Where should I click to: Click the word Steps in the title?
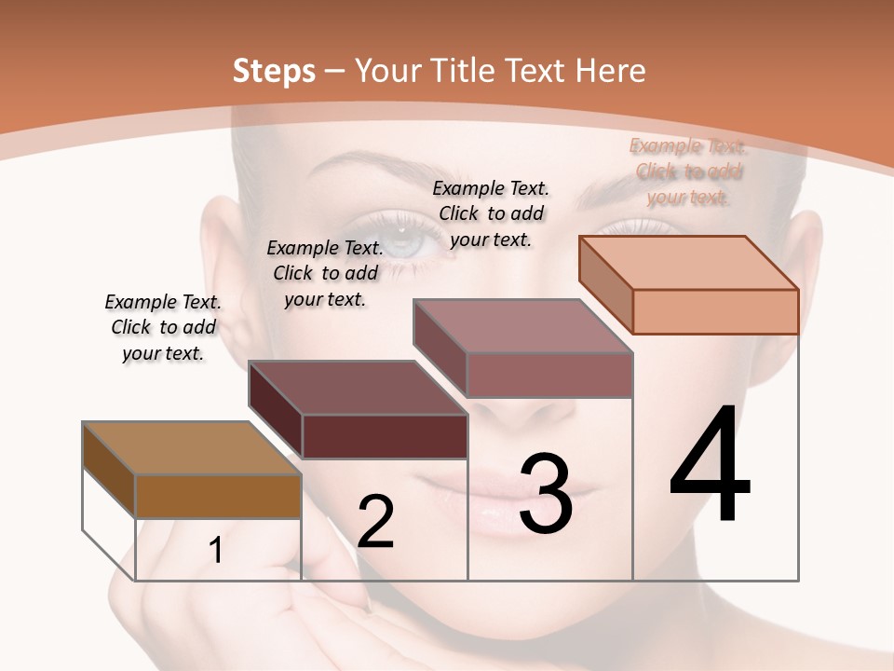pyautogui.click(x=274, y=71)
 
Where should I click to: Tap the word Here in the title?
pyautogui.click(x=611, y=71)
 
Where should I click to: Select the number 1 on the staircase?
pyautogui.click(x=216, y=551)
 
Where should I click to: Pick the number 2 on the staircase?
pyautogui.click(x=375, y=522)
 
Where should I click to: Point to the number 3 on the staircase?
pyautogui.click(x=545, y=494)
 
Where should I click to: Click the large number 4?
pyautogui.click(x=710, y=466)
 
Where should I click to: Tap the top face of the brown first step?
pyautogui.click(x=192, y=448)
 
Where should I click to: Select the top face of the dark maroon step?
pyautogui.click(x=359, y=388)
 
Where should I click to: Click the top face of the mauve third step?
pyautogui.click(x=523, y=326)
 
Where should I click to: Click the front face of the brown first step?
pyautogui.click(x=218, y=497)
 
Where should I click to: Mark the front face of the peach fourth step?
pyautogui.click(x=715, y=311)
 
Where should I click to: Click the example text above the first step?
pyautogui.click(x=163, y=327)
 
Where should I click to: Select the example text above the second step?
pyautogui.click(x=325, y=273)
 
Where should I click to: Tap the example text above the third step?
pyautogui.click(x=491, y=213)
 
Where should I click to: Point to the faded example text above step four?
pyautogui.click(x=688, y=171)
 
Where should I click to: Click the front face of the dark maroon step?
pyautogui.click(x=385, y=436)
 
